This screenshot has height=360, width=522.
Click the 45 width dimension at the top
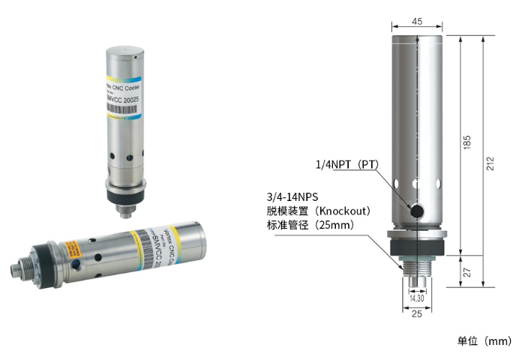click(416, 21)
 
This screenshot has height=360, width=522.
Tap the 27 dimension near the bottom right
click(466, 273)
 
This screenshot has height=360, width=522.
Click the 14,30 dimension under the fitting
click(416, 298)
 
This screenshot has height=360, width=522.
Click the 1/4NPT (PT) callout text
click(346, 164)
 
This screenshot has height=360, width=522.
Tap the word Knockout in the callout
click(346, 210)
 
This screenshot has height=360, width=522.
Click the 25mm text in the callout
click(334, 225)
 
